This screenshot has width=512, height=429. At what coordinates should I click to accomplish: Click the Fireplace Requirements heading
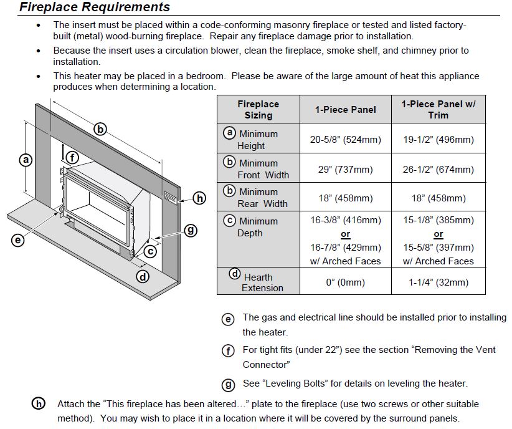pyautogui.click(x=95, y=7)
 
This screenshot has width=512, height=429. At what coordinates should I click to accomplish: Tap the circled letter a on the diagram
pyautogui.click(x=26, y=160)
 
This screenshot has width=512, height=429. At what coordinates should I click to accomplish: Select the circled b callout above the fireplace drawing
pyautogui.click(x=100, y=130)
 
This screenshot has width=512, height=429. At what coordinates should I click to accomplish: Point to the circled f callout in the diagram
pyautogui.click(x=72, y=158)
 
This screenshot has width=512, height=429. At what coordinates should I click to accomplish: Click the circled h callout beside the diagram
pyautogui.click(x=199, y=198)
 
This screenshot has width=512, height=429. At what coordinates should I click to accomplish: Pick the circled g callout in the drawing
pyautogui.click(x=191, y=230)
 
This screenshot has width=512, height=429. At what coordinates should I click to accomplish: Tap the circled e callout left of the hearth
pyautogui.click(x=17, y=239)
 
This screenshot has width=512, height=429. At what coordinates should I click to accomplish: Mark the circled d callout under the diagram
pyautogui.click(x=143, y=276)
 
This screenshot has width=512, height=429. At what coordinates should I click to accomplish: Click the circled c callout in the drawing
pyautogui.click(x=149, y=251)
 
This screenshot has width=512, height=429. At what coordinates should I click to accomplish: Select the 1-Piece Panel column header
pyautogui.click(x=345, y=109)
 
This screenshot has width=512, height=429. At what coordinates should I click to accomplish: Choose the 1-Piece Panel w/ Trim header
pyautogui.click(x=438, y=109)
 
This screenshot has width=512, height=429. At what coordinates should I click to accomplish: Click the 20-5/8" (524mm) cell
pyautogui.click(x=345, y=139)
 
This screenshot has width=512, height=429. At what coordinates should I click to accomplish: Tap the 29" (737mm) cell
pyautogui.click(x=345, y=169)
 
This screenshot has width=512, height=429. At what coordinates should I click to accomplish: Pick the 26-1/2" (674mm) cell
pyautogui.click(x=438, y=169)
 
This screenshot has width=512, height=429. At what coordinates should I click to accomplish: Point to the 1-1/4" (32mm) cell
pyautogui.click(x=438, y=282)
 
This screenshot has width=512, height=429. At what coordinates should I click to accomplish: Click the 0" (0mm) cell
pyautogui.click(x=345, y=282)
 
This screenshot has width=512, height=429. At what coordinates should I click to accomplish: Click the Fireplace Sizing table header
pyautogui.click(x=258, y=109)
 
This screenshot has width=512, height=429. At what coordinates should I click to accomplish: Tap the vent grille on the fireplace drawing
pyautogui.click(x=170, y=196)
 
